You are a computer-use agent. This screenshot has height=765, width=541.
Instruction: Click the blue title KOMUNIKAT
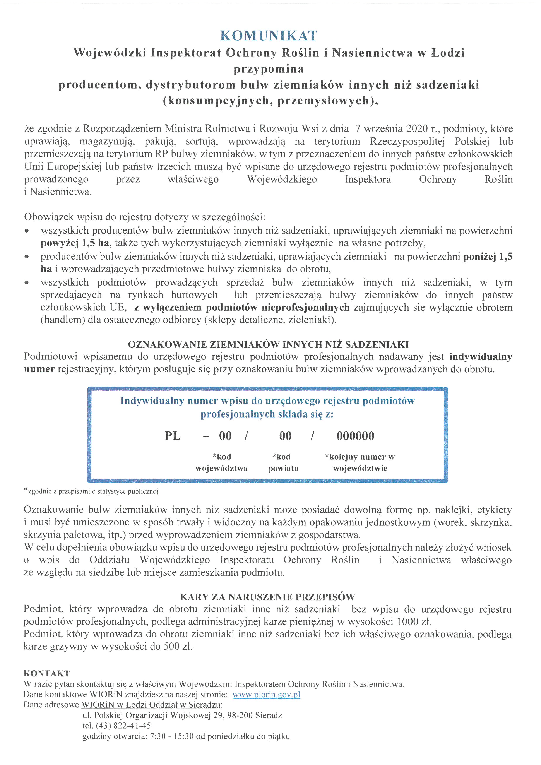point(269,36)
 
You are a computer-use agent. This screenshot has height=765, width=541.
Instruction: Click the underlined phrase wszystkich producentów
point(95,231)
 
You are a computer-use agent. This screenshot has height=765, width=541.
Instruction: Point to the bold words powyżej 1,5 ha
point(75,243)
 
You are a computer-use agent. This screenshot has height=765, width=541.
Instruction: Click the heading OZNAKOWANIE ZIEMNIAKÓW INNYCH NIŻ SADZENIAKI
point(269,344)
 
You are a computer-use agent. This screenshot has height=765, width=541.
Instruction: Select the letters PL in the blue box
point(173,436)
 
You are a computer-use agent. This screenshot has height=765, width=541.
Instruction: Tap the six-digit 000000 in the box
point(355,436)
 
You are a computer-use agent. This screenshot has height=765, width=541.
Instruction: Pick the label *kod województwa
point(222,462)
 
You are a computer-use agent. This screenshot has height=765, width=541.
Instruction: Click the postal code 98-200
point(240,715)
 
